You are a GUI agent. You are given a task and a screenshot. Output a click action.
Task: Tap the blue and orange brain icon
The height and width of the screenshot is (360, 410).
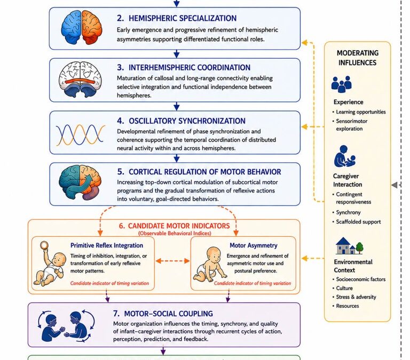82,27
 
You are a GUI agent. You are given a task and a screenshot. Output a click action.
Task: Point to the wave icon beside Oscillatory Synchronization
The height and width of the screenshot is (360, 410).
81,134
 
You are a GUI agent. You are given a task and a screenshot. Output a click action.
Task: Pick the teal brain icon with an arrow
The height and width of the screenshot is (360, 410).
80,182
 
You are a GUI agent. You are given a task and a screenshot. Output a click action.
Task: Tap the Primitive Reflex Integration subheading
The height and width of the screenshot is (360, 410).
107,245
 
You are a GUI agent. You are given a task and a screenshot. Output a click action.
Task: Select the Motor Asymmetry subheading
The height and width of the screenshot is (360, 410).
254,245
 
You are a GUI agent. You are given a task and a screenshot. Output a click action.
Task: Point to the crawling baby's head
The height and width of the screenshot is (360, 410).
215,255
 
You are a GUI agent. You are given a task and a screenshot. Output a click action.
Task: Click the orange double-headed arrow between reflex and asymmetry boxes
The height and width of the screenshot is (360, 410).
172,261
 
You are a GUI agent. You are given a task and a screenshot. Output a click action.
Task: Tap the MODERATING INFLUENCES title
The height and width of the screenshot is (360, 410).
358,58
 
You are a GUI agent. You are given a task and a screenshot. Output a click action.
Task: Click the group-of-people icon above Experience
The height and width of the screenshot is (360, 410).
342,84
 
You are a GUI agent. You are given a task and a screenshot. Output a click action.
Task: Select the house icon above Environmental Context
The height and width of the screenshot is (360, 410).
349,245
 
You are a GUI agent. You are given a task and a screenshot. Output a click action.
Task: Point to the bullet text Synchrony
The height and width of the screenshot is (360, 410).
348,212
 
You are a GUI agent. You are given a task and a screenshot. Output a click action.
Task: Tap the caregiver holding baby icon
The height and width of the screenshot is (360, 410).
345,156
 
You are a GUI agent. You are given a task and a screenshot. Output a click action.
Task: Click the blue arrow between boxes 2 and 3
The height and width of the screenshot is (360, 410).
177,54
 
